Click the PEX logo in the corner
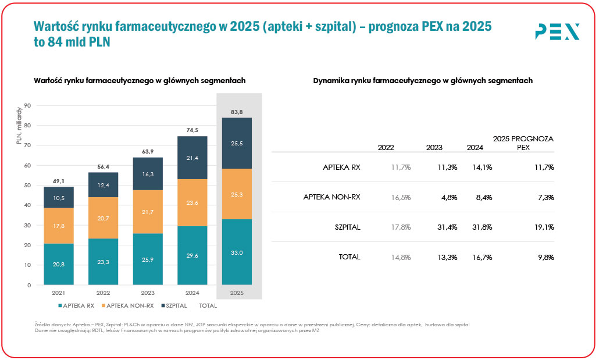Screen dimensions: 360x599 coord(557,31)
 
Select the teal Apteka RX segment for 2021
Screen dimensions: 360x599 coord(58,264)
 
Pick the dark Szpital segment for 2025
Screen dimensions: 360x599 coord(237,143)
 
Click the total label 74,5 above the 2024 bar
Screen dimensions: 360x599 coord(192,130)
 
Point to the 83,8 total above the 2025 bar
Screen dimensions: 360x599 coord(237,112)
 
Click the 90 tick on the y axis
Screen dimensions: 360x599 coord(27,106)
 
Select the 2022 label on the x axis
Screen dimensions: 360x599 coord(104,293)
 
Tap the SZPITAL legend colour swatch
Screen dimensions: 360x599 coord(163,305)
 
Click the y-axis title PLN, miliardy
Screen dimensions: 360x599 coord(19,126)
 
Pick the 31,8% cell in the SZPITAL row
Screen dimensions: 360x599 coord(483,227)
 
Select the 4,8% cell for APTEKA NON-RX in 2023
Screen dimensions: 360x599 coord(448,197)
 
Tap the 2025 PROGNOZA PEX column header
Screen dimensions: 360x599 coord(523,143)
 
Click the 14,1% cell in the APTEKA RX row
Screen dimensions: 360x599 coord(483,167)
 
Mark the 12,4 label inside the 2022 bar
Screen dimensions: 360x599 coord(104,185)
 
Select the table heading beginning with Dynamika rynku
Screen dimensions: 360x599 coord(423,81)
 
